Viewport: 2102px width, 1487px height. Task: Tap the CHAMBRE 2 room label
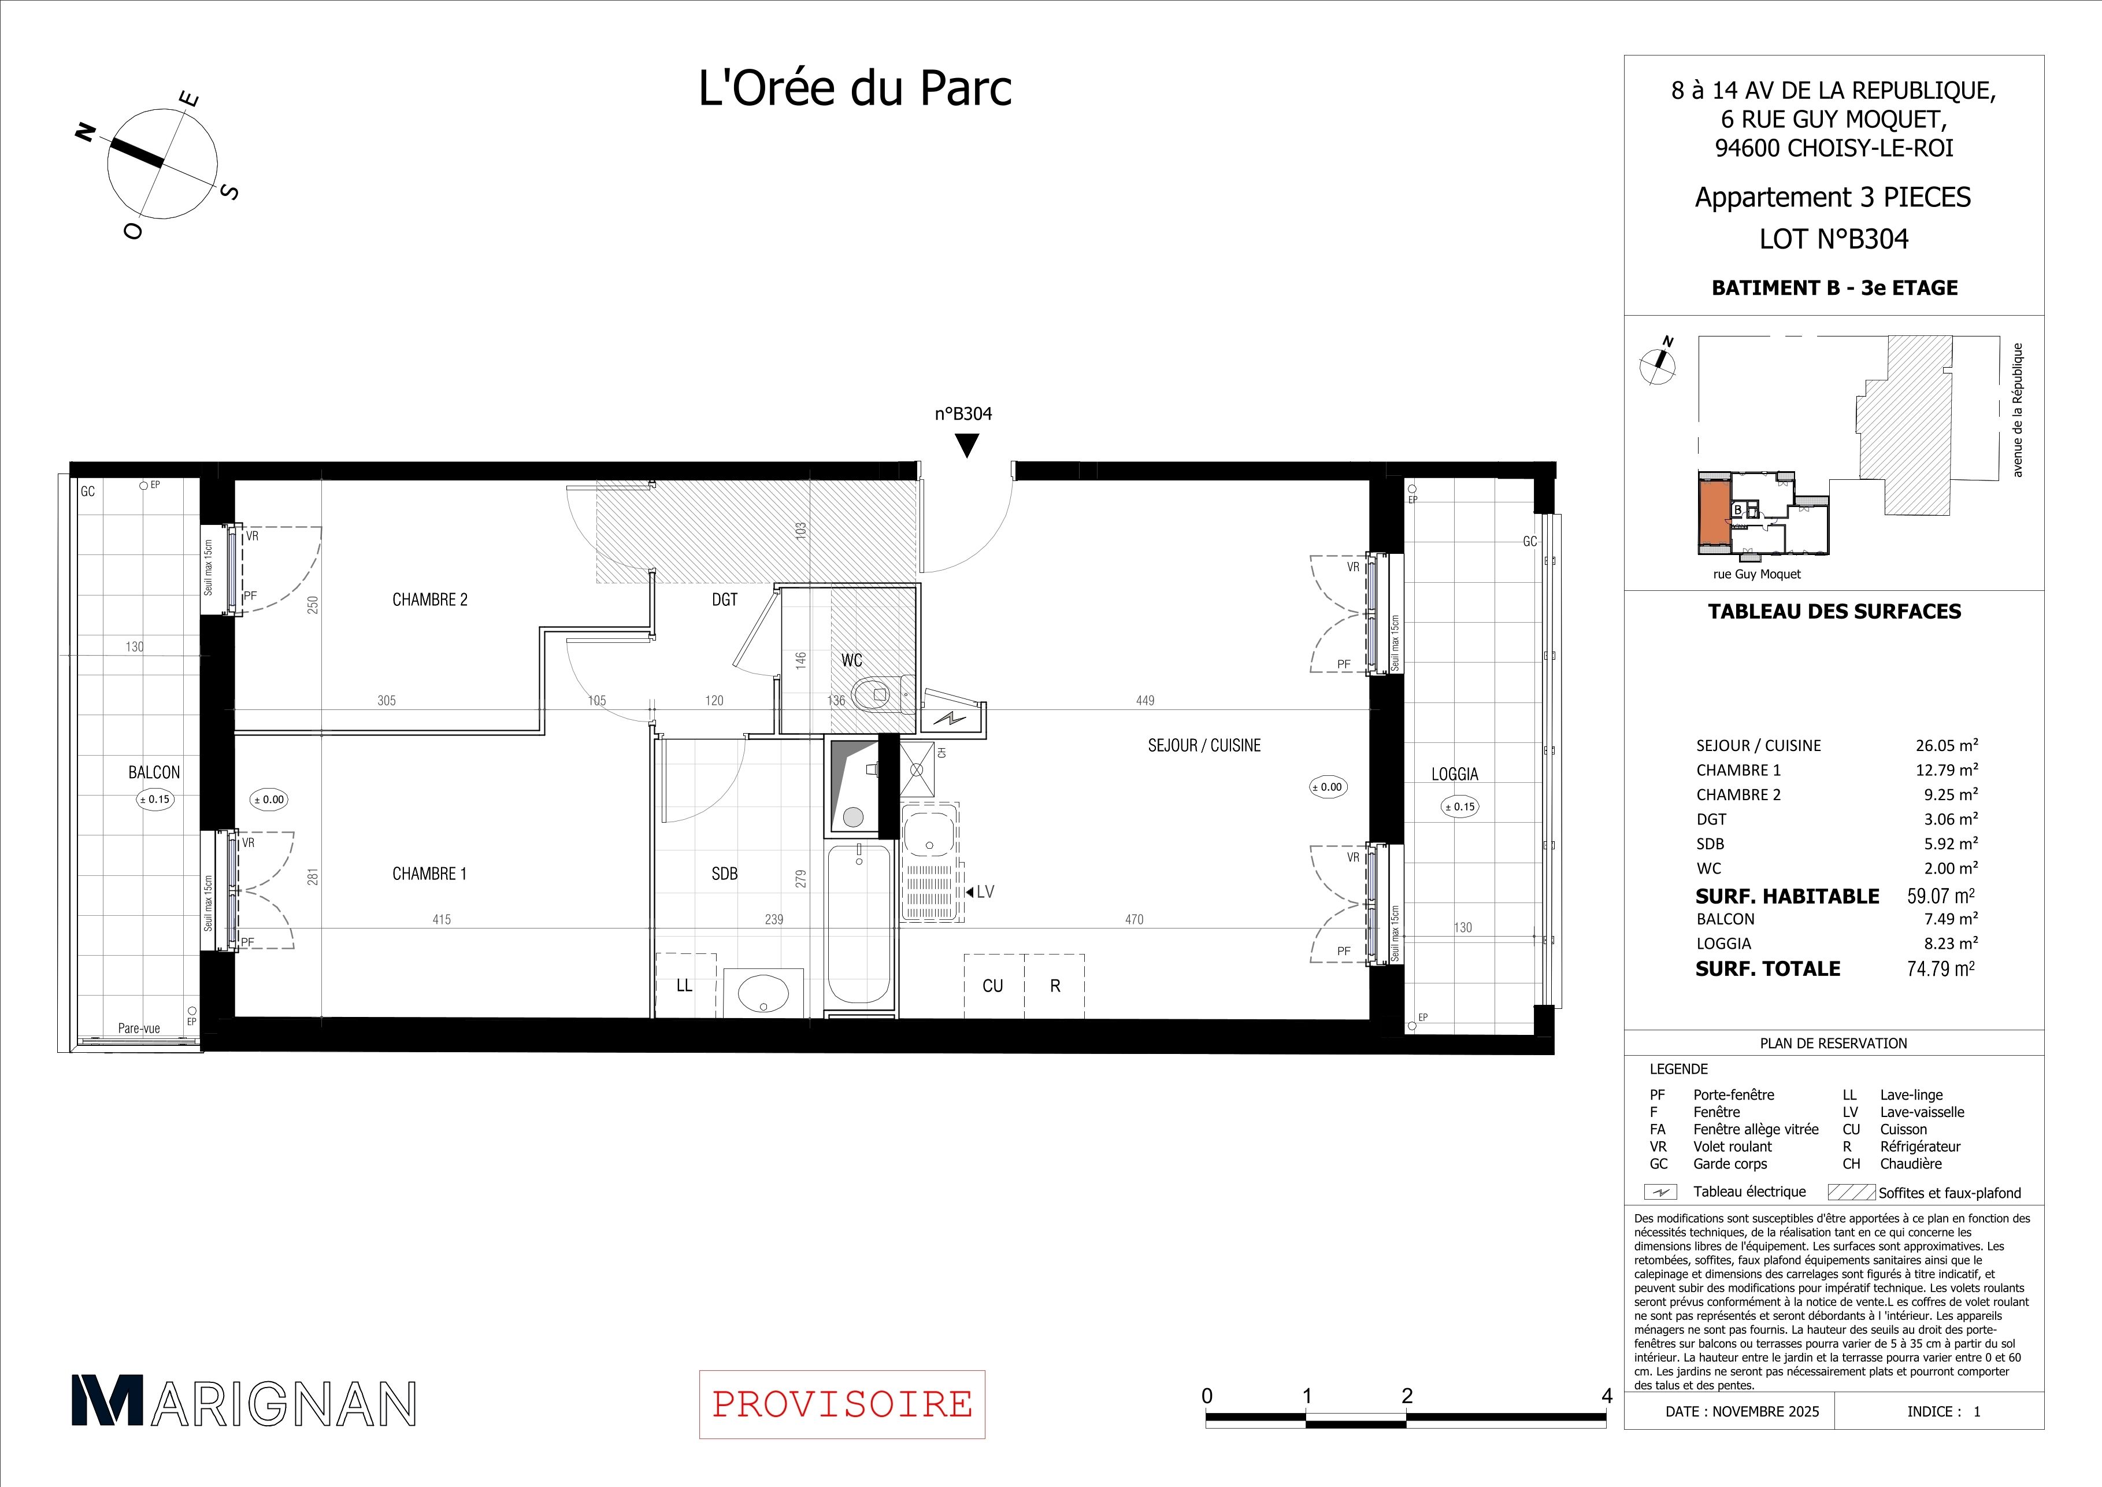(x=429, y=600)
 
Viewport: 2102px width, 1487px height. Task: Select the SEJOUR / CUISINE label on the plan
(x=1204, y=745)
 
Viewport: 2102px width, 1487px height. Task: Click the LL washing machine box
(x=685, y=985)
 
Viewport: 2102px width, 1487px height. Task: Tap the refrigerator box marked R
(x=1055, y=985)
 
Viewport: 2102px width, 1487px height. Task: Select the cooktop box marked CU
(x=993, y=985)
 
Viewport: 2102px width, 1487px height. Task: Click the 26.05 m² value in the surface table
(x=1947, y=745)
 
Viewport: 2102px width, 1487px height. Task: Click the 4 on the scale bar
(x=1607, y=1396)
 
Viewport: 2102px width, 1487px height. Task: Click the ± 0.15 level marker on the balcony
(x=154, y=800)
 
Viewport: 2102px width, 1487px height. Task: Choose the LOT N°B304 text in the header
(x=1834, y=239)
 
